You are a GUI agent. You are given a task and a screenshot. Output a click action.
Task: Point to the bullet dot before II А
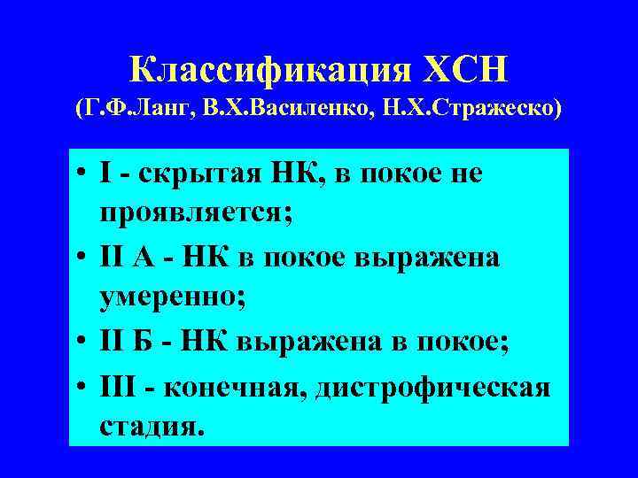(x=85, y=256)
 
